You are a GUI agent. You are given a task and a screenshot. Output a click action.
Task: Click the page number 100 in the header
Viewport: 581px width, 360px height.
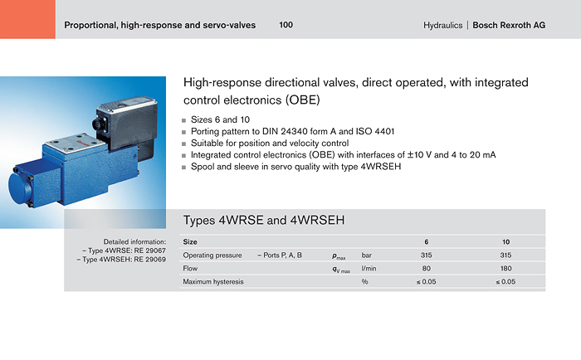[x=286, y=25]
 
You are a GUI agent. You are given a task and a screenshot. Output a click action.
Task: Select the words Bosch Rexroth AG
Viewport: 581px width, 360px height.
[x=509, y=25]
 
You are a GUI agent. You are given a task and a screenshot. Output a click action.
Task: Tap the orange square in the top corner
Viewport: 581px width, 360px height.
[x=27, y=19]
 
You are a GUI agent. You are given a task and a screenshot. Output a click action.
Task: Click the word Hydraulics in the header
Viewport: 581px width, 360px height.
[x=442, y=25]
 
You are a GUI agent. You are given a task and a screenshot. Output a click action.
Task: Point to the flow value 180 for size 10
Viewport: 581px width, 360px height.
[x=505, y=268]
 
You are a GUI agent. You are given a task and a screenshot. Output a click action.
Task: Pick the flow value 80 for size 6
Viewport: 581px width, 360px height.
[x=426, y=268]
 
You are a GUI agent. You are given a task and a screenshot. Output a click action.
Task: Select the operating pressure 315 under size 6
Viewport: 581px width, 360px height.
[x=426, y=255]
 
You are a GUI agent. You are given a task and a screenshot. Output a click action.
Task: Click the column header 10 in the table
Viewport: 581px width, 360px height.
[x=505, y=242]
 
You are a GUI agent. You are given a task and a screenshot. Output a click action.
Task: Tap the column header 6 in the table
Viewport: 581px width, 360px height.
[x=426, y=242]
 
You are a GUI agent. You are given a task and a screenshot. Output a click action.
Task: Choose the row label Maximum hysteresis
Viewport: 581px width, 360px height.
[x=213, y=281]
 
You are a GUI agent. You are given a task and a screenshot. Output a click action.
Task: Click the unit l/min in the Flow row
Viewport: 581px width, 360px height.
[x=369, y=268]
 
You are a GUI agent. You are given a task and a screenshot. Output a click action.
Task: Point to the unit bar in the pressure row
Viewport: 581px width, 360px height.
[x=367, y=255]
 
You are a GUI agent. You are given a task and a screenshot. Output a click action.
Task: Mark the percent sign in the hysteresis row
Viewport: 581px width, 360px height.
[x=365, y=281]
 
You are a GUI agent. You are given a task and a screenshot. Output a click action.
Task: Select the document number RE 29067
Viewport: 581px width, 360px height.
[x=149, y=251]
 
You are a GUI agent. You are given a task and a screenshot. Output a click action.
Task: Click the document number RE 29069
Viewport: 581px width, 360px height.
[x=149, y=260]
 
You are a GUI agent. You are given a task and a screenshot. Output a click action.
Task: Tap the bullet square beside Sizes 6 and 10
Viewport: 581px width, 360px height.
[x=183, y=120]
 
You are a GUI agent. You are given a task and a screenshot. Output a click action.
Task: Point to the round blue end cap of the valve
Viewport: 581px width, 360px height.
[x=21, y=188]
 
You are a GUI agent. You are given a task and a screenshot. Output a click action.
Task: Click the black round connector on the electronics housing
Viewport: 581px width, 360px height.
[x=97, y=124]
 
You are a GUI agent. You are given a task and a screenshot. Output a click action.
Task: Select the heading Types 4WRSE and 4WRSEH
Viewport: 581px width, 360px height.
[x=264, y=220]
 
